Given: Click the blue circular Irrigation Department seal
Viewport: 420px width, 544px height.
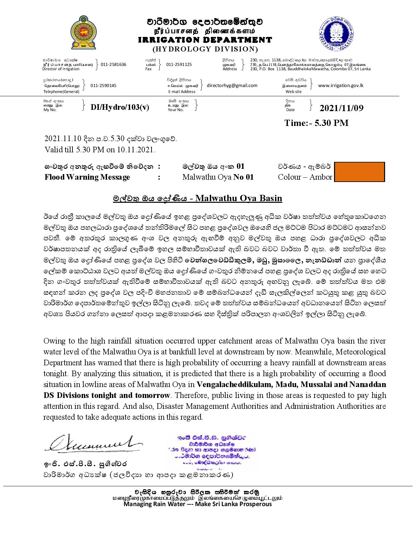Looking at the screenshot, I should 336,33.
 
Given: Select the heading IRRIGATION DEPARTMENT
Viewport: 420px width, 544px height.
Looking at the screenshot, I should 205,40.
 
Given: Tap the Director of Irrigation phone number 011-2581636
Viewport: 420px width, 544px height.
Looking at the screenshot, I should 113,65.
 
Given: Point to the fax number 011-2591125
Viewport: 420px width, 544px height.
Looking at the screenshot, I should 179,65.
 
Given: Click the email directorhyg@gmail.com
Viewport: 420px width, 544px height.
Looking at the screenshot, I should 232,85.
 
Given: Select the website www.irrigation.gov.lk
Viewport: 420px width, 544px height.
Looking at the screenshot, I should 341,85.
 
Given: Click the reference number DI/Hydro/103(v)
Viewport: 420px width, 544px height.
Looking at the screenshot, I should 120,107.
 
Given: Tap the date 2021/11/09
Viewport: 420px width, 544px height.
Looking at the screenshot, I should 342,108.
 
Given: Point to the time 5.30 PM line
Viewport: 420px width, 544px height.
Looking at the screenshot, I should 316,123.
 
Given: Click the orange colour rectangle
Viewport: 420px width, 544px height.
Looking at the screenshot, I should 359,172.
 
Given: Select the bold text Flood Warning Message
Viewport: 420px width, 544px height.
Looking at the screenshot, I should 87,177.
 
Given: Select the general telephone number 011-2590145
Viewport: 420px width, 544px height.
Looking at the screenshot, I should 103,86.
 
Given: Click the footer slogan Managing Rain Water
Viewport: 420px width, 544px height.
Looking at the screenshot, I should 198,504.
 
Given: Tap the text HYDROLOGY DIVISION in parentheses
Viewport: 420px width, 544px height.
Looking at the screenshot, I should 205,49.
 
